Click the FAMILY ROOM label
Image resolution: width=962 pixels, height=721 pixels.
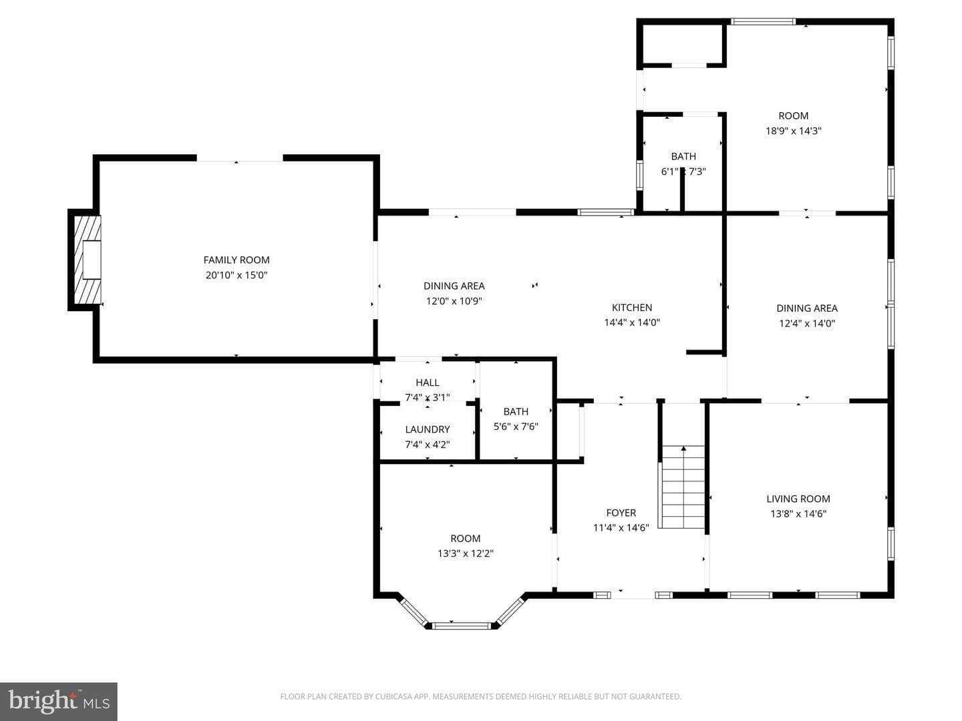pyautogui.click(x=236, y=260)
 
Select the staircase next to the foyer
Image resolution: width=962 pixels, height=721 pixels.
pyautogui.click(x=683, y=487)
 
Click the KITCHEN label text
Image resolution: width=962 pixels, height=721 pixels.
pyautogui.click(x=632, y=308)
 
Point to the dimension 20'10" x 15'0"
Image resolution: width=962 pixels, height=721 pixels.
pyautogui.click(x=236, y=275)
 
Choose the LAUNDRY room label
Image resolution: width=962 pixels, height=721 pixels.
pyautogui.click(x=428, y=429)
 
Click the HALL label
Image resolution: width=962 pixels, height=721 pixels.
pyautogui.click(x=428, y=383)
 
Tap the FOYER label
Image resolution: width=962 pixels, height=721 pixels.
pyautogui.click(x=621, y=513)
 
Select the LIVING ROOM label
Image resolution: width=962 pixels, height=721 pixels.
pyautogui.click(x=798, y=499)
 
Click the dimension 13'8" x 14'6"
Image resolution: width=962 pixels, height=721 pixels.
pyautogui.click(x=798, y=513)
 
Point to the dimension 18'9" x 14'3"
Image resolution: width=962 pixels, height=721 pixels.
pyautogui.click(x=793, y=131)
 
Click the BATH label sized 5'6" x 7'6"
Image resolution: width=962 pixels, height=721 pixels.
pyautogui.click(x=516, y=411)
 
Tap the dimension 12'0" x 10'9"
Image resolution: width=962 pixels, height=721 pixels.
pyautogui.click(x=454, y=301)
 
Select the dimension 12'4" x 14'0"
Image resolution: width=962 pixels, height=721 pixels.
pyautogui.click(x=807, y=324)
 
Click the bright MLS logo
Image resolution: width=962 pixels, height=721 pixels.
pyautogui.click(x=59, y=702)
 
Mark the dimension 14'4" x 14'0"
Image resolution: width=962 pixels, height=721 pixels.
pyautogui.click(x=632, y=322)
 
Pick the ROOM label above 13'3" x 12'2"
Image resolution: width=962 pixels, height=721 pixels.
pyautogui.click(x=466, y=539)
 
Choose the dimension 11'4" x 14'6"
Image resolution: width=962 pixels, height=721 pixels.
pyautogui.click(x=621, y=528)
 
